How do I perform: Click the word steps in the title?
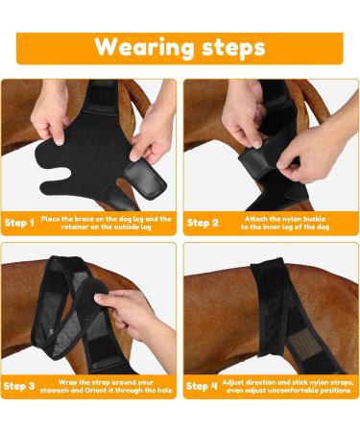229,47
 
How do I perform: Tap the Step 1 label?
19,223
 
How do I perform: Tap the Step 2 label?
202,223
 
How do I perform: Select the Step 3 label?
19,386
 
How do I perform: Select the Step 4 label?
202,386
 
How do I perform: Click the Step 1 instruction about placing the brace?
106,223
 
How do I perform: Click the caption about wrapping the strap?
106,386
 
